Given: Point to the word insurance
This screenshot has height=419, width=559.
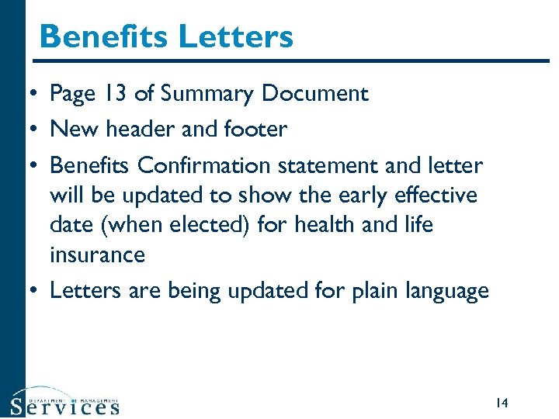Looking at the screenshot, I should pos(97,255).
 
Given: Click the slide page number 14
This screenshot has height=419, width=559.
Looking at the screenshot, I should pos(501,403).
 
